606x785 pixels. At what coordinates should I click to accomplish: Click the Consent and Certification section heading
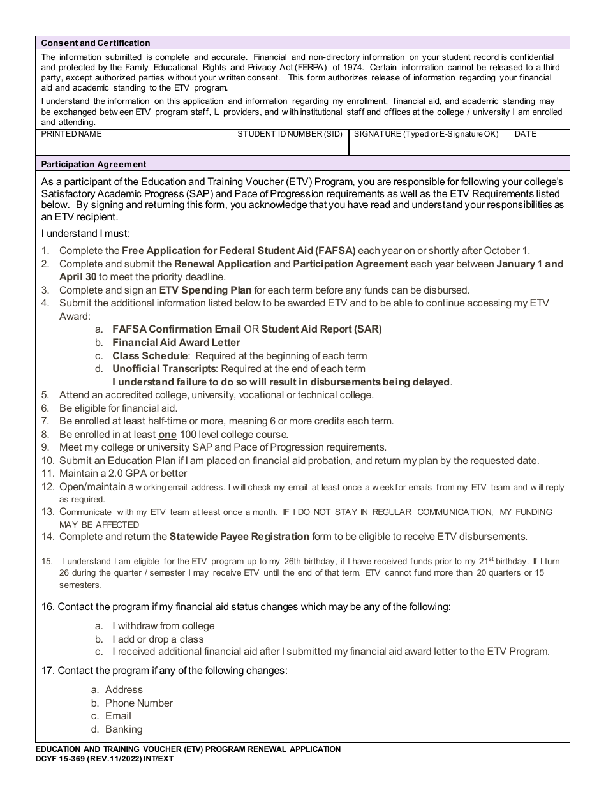(96, 43)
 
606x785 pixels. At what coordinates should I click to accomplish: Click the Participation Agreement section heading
(94, 164)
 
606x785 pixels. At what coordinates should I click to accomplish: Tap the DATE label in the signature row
(526, 134)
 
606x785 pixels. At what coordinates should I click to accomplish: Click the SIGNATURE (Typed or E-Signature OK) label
(426, 134)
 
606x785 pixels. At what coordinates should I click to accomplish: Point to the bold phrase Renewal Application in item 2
(223, 264)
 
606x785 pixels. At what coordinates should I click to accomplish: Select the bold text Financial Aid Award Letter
(176, 342)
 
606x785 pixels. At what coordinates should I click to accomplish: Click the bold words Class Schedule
(150, 355)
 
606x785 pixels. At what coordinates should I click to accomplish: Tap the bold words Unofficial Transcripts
(165, 368)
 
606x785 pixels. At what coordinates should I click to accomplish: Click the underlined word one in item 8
(167, 434)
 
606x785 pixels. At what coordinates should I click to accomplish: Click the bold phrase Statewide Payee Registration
(239, 536)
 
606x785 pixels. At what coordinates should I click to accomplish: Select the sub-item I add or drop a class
(158, 639)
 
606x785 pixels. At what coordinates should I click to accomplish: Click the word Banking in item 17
(124, 729)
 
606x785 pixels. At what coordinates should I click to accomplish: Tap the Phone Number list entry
(138, 703)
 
